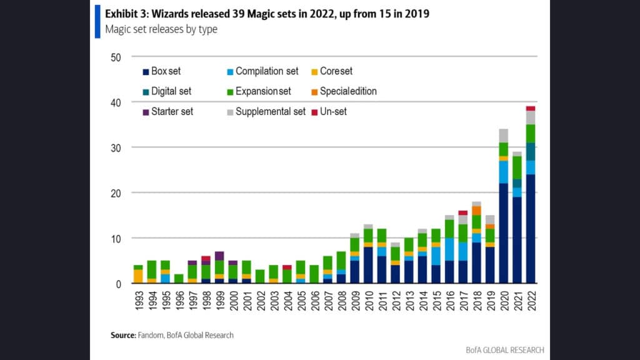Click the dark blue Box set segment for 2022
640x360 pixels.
[x=531, y=229]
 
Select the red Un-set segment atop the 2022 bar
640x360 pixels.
[x=531, y=108]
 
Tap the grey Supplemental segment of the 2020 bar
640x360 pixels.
[x=503, y=136]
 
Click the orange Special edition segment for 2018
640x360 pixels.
[x=476, y=211]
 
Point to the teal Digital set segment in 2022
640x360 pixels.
[x=531, y=151]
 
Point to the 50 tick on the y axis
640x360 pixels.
[x=116, y=57]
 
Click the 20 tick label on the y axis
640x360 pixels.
[x=116, y=193]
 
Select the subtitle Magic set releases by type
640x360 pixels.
[x=161, y=29]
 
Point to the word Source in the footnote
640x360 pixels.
[x=123, y=336]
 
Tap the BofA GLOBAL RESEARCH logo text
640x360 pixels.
[x=504, y=350]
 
